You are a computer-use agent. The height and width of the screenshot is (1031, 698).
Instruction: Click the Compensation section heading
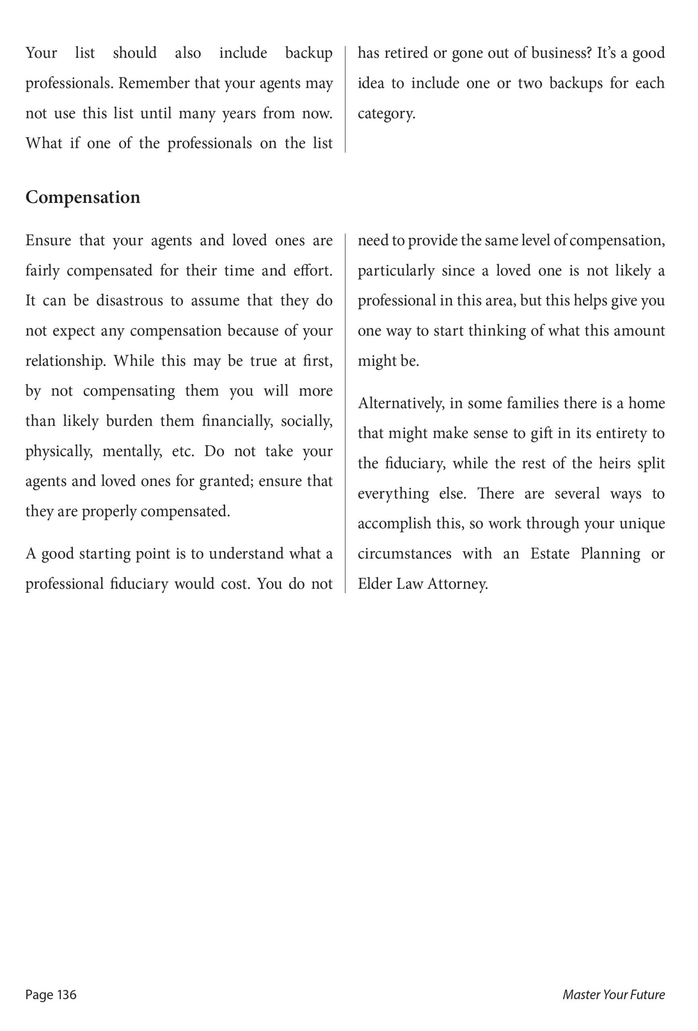click(83, 197)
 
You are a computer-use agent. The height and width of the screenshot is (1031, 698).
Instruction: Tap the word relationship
click(65, 361)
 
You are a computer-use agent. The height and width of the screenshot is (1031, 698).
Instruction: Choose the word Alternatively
click(401, 403)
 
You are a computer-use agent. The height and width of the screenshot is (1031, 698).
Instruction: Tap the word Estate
click(549, 554)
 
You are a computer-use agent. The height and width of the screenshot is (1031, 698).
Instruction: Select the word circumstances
click(405, 554)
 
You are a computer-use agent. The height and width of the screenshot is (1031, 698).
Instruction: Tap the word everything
click(393, 494)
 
